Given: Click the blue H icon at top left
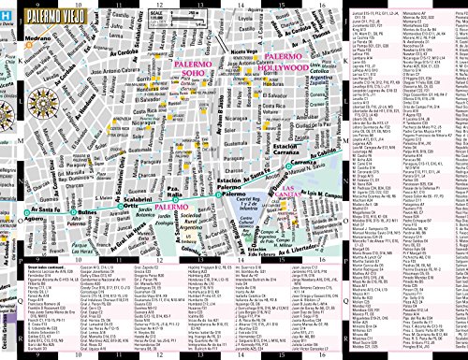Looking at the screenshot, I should [x=7, y=12].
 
